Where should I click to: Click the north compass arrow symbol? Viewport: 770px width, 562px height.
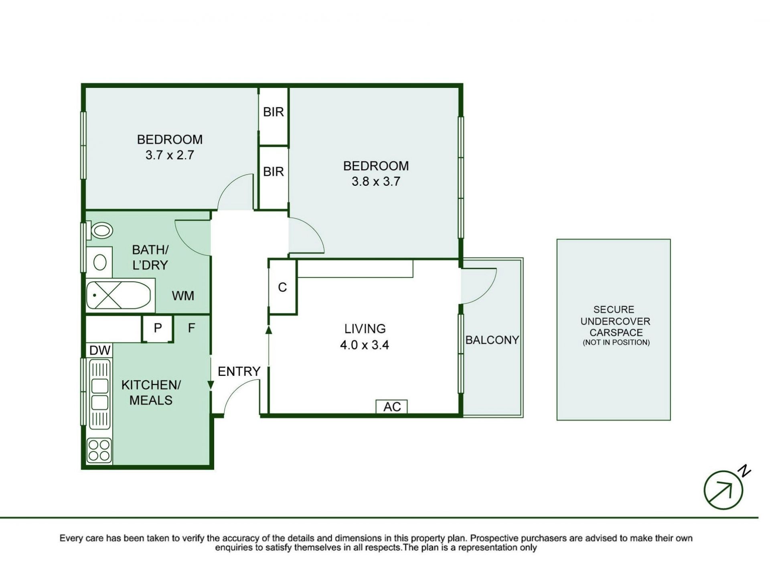tap(723, 490)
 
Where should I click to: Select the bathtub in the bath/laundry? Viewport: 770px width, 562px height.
tap(119, 295)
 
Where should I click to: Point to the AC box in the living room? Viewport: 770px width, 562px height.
tap(391, 406)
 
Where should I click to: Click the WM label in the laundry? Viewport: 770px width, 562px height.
tap(183, 296)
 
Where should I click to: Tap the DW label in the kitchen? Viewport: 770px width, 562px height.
tap(100, 351)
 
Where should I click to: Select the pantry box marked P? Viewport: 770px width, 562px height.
tap(158, 329)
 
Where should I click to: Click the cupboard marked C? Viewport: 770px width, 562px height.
tap(282, 287)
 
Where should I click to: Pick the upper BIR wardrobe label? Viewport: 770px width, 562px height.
tap(274, 112)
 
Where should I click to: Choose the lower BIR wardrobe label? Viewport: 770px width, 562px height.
tap(274, 172)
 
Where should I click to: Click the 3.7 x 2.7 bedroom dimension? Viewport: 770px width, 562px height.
tap(170, 155)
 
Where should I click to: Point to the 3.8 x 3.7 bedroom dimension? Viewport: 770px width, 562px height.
tap(376, 181)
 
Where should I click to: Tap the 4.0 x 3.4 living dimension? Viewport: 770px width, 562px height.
tap(365, 345)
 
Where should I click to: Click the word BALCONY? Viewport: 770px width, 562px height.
tap(492, 340)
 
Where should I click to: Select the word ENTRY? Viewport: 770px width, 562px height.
tap(239, 371)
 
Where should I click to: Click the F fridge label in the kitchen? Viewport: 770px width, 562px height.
tap(192, 328)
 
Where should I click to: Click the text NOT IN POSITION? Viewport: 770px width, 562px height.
tap(616, 343)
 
